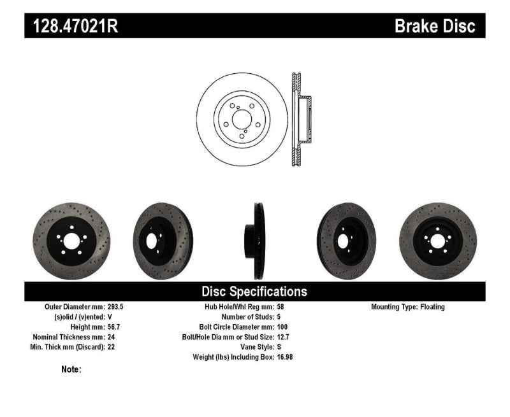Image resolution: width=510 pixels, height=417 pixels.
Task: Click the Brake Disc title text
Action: click(435, 26)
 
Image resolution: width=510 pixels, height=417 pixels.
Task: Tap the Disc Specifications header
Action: click(254, 292)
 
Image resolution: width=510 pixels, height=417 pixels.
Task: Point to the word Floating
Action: click(432, 307)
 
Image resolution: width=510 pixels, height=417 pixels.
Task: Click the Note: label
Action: click(71, 369)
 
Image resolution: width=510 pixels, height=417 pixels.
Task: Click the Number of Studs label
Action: click(247, 317)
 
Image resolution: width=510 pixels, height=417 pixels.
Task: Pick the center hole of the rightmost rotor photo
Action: click(437, 242)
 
